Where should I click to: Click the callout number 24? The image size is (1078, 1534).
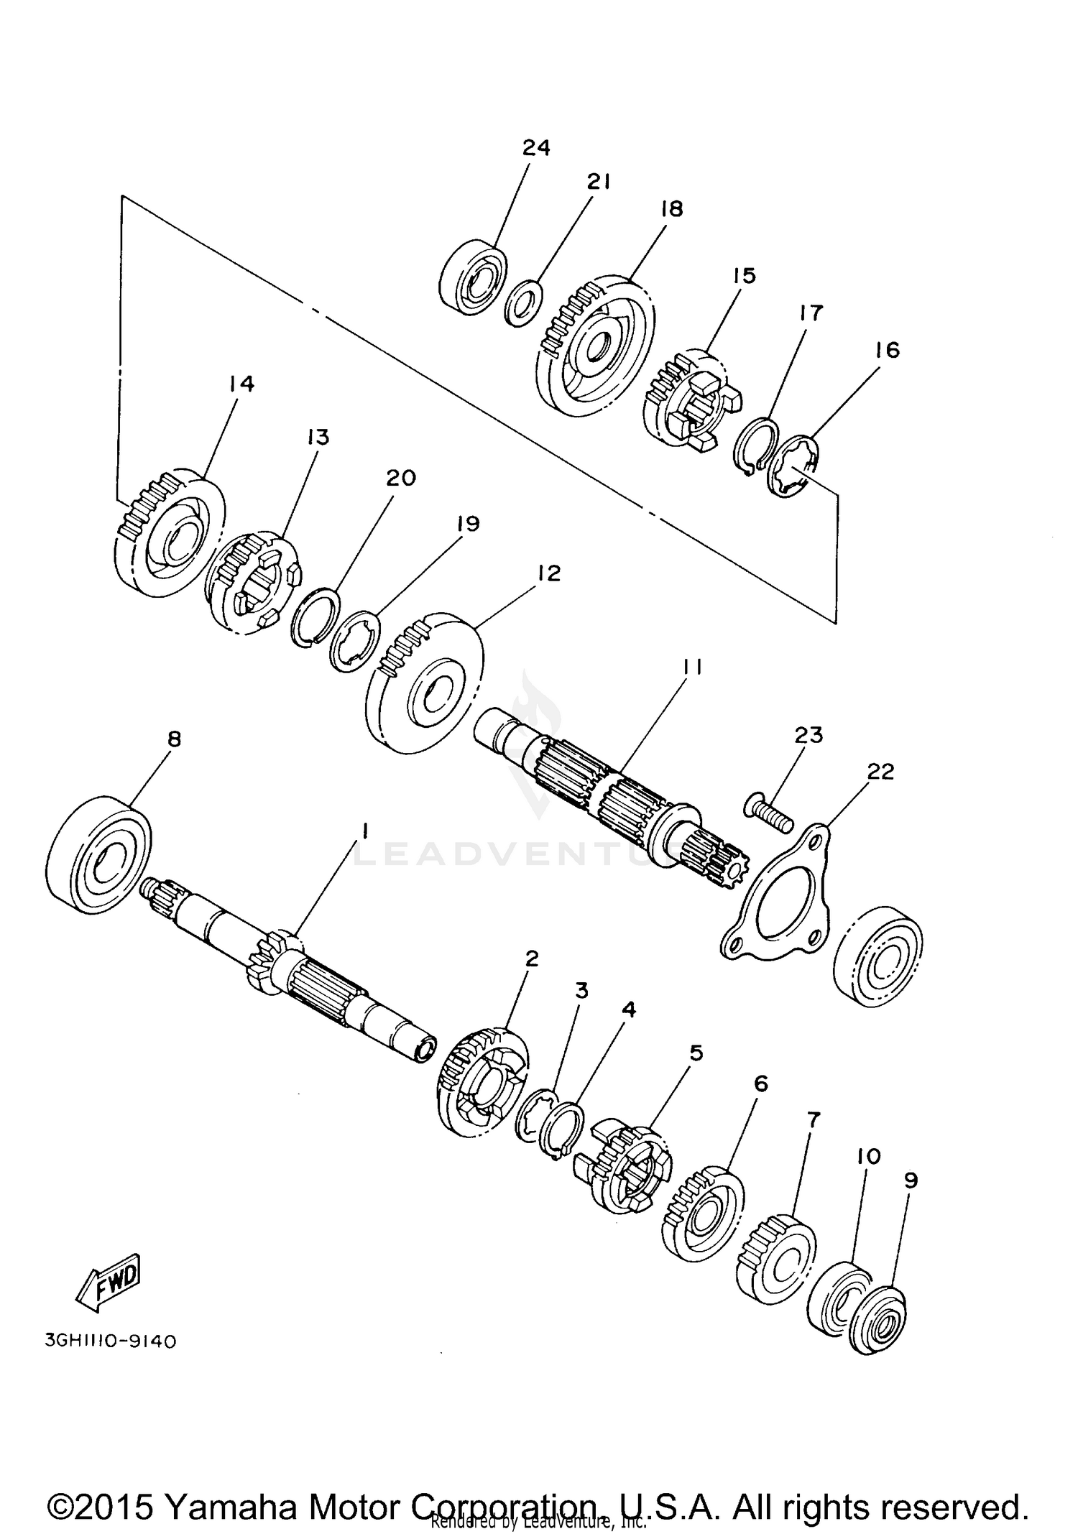[536, 147]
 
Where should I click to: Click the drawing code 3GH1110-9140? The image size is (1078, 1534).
[110, 1341]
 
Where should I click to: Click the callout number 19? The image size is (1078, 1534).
[468, 524]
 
